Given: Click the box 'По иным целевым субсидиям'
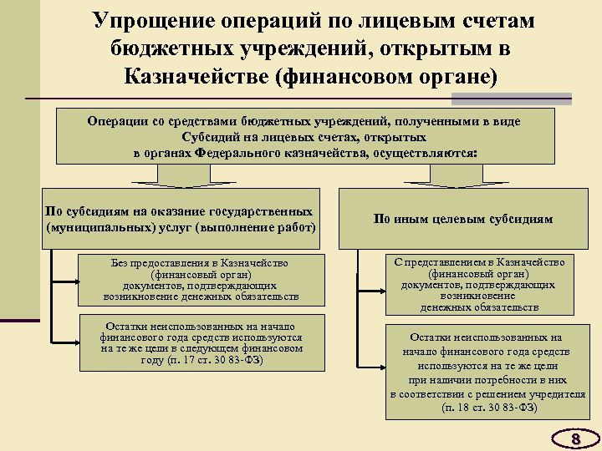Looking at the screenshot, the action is click(x=462, y=220).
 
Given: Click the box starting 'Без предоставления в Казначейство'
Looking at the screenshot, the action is click(x=201, y=280).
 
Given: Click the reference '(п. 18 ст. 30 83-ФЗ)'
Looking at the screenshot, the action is click(x=489, y=408).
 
